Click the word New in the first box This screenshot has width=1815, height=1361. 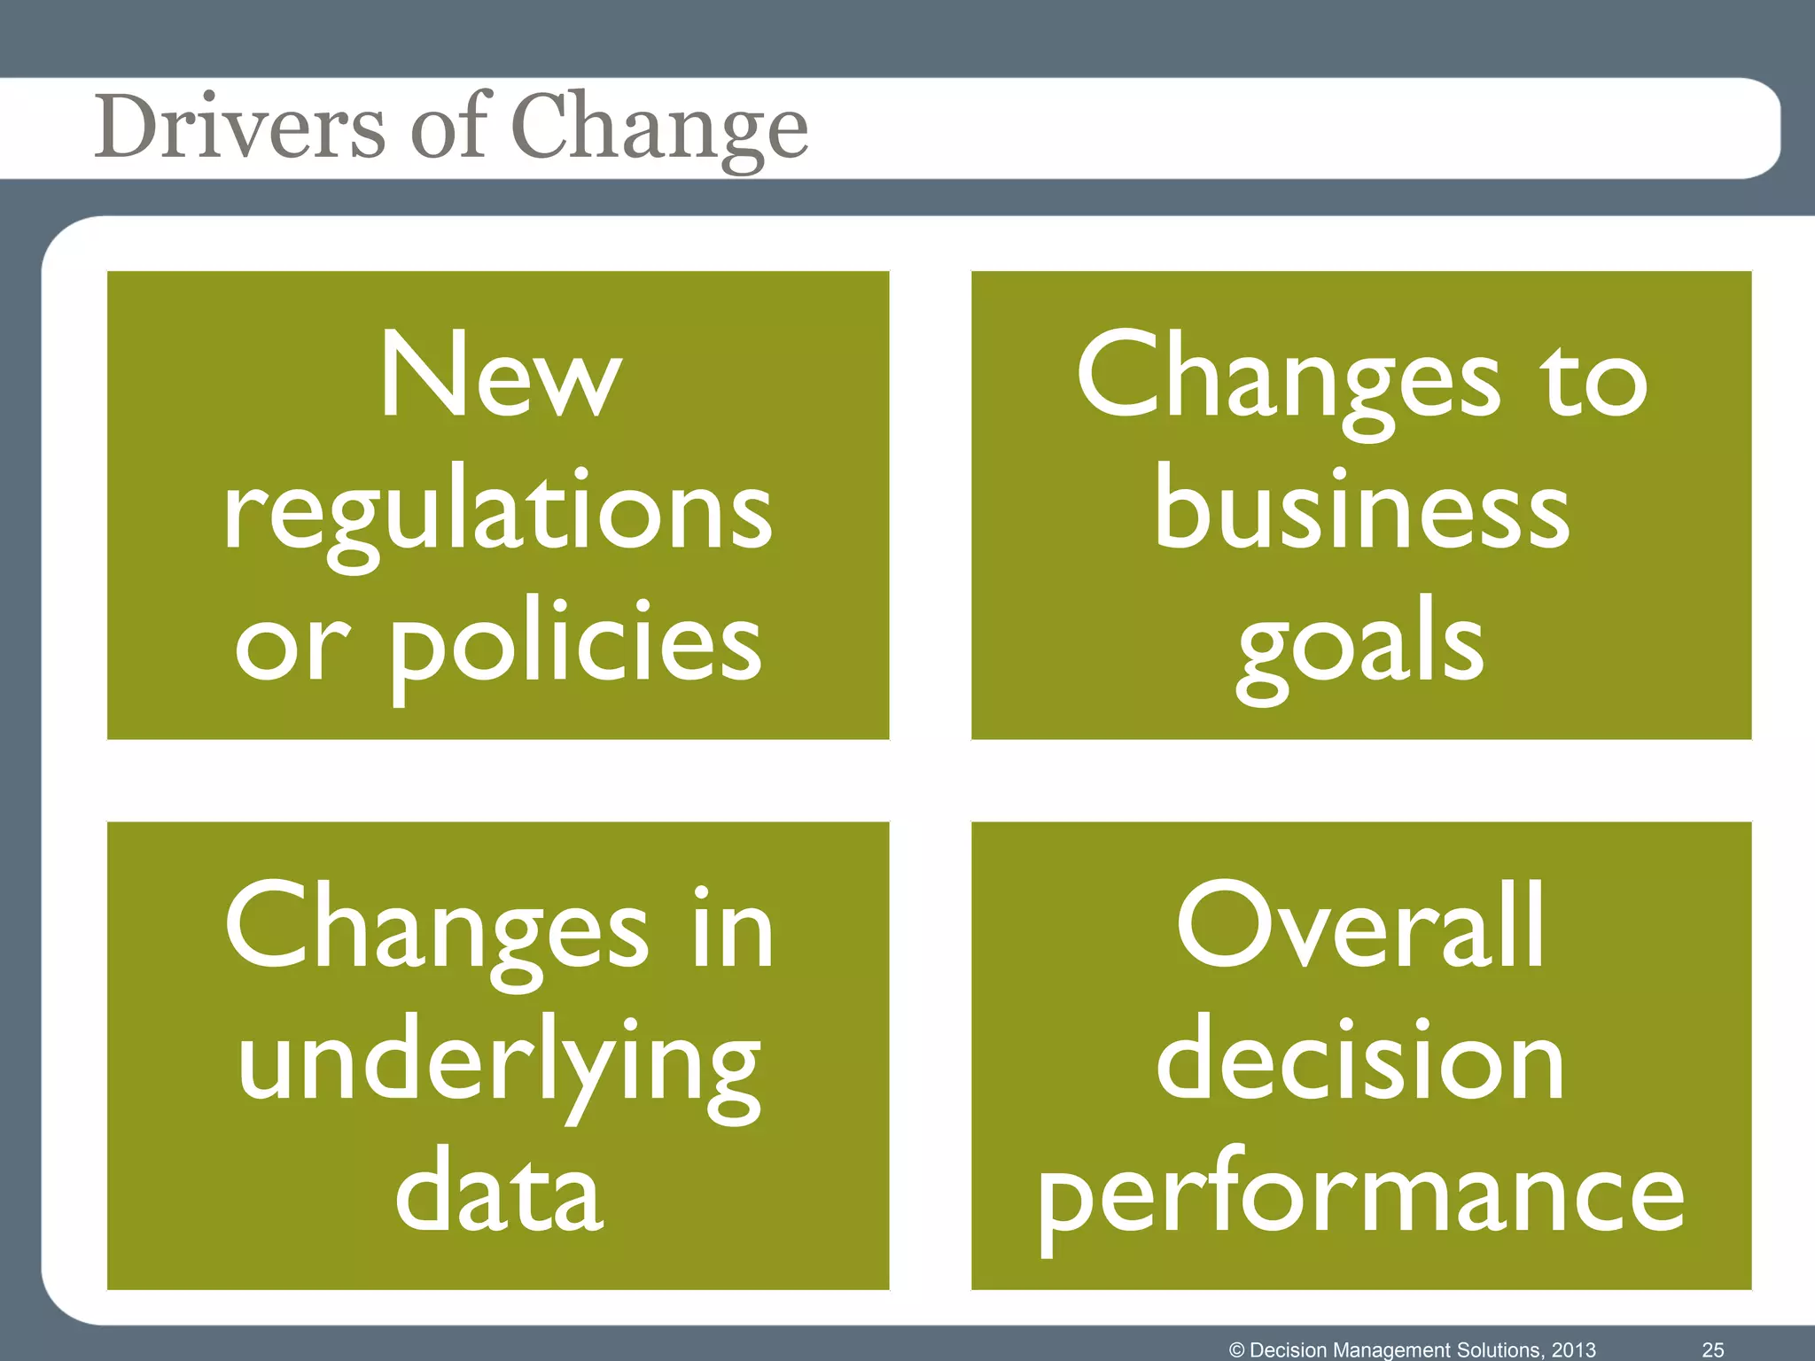(499, 376)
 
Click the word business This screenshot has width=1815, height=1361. (1361, 509)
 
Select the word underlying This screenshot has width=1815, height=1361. (499, 1063)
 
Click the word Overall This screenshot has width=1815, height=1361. (1361, 927)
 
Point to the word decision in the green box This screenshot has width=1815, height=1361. (1361, 1060)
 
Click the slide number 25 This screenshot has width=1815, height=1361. (1713, 1349)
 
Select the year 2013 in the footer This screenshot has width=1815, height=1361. (1573, 1349)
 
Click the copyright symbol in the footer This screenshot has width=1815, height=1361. (1237, 1349)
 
